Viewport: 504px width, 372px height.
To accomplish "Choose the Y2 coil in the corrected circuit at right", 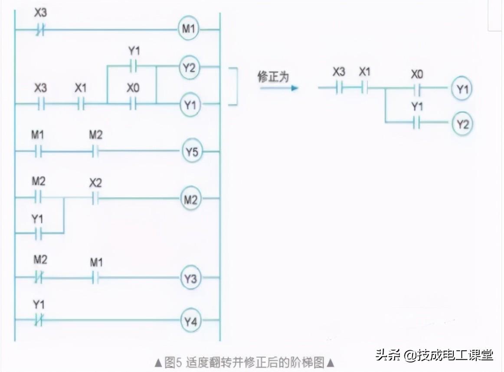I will coord(462,124).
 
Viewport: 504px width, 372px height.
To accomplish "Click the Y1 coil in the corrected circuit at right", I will coord(462,89).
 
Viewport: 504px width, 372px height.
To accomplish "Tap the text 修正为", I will coord(273,77).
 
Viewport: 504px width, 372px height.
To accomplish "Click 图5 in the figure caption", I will coord(173,362).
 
